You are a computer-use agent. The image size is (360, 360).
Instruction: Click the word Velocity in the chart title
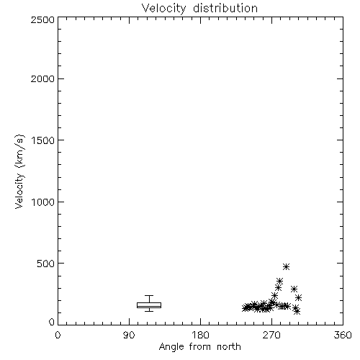click(164, 9)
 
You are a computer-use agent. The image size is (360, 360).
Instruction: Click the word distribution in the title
click(225, 8)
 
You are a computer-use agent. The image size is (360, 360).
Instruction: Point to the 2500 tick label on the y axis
click(42, 19)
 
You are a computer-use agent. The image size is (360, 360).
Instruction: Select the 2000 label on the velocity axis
click(42, 78)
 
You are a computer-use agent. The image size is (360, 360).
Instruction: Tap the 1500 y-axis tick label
click(43, 140)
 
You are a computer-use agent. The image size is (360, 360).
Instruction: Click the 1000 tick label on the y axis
click(43, 202)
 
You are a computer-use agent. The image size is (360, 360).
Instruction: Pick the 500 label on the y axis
click(46, 264)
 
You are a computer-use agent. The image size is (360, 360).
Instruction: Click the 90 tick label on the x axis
click(129, 335)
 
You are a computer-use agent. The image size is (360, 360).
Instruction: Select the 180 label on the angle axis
click(200, 335)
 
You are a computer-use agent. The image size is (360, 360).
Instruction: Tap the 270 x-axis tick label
click(271, 335)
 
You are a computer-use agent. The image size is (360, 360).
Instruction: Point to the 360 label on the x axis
click(343, 335)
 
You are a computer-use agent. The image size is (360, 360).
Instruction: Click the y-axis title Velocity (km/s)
click(19, 171)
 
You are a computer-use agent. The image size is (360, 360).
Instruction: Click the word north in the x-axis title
click(229, 347)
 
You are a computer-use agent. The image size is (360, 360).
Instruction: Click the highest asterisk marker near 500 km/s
click(286, 266)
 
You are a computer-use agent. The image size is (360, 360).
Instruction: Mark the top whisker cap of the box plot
click(149, 295)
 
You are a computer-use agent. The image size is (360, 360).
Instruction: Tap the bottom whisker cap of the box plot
click(149, 311)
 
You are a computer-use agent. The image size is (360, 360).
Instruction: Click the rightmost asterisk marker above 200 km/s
click(298, 298)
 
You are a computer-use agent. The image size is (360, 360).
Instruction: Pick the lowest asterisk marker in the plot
click(297, 312)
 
